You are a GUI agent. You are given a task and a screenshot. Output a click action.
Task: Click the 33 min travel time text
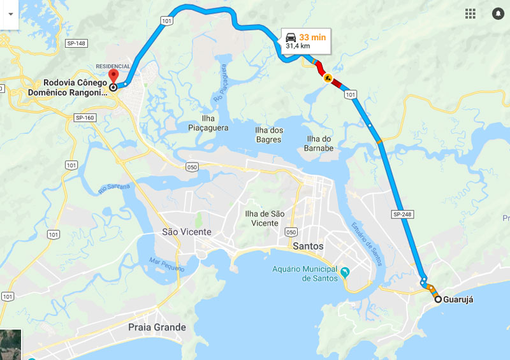(312, 38)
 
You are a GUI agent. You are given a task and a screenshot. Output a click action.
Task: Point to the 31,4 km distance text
(298, 47)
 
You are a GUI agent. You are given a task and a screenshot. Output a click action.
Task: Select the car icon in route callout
(291, 37)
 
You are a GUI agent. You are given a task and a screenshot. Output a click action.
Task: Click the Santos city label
(306, 246)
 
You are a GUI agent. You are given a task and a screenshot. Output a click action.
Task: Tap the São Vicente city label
(187, 232)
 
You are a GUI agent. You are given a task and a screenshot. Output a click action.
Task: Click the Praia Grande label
(157, 328)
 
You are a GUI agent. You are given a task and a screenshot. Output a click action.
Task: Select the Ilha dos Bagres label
(269, 134)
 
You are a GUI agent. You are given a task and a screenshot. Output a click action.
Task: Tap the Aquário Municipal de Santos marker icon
(345, 273)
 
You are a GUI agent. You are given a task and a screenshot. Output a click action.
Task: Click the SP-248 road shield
(403, 214)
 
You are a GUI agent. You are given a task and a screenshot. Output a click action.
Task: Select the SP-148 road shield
(76, 43)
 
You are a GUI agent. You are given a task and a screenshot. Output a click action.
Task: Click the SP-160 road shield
(85, 117)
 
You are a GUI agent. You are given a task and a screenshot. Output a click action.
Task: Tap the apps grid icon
(470, 13)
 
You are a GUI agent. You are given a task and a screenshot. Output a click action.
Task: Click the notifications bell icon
(498, 13)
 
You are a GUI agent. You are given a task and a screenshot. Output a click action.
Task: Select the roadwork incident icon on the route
(328, 79)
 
